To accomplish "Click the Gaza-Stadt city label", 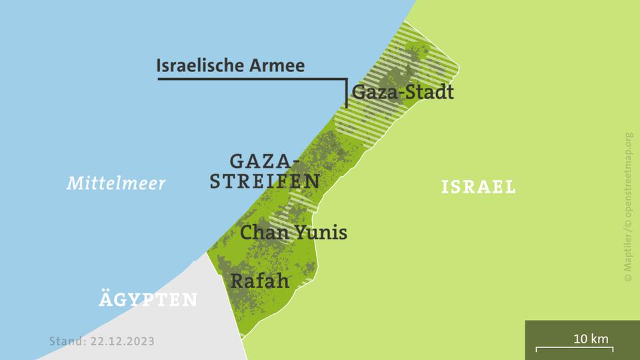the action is coord(403,92).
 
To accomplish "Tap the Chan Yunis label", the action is coord(293,233).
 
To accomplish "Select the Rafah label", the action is coord(260,281).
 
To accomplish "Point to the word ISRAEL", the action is coord(479,187).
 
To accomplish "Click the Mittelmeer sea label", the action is coord(116,183).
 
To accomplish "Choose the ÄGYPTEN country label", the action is coord(148,300).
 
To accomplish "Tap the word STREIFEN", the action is coord(265,181).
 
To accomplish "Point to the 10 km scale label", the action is coord(591,339).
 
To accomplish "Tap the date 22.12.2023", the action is coord(123,341).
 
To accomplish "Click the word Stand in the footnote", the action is coord(66,341).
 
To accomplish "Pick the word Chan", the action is coord(259,233).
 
